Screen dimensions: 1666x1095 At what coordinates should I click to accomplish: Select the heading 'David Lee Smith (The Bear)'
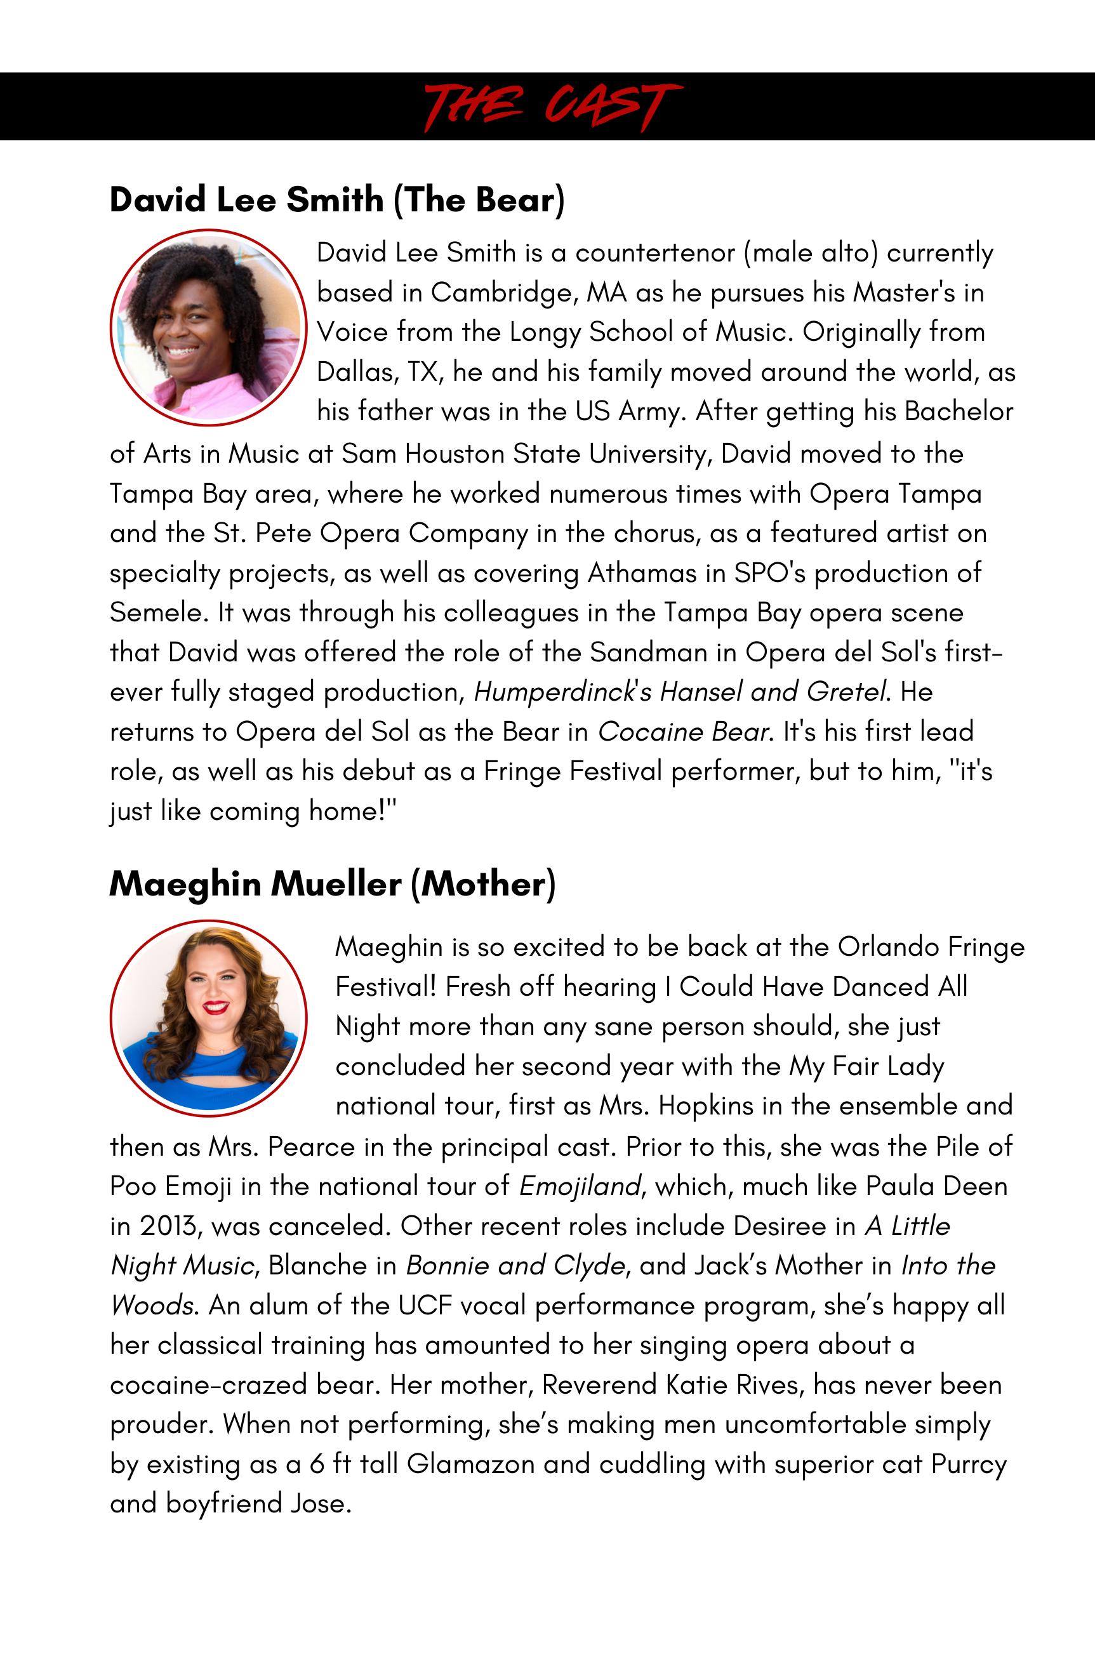[x=337, y=199]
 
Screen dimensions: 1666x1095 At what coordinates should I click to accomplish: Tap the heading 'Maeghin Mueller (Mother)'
[x=333, y=883]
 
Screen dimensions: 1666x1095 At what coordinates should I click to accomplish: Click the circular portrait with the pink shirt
[x=209, y=327]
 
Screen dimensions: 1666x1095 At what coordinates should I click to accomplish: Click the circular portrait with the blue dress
[x=209, y=1019]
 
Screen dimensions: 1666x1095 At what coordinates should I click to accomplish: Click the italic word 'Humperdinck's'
[x=563, y=692]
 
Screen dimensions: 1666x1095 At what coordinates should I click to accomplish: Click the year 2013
[x=168, y=1226]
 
